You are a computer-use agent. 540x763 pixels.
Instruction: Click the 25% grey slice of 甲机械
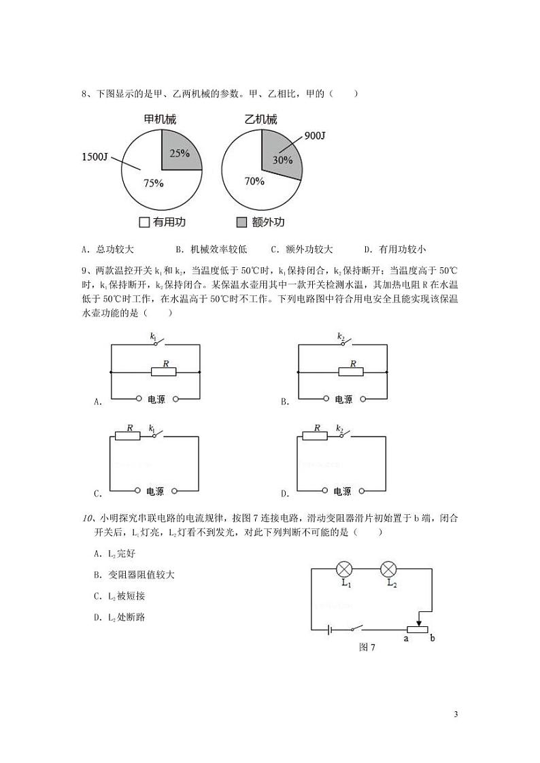(180, 151)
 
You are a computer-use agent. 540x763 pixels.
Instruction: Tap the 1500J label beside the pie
(95, 157)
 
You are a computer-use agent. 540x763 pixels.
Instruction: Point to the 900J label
(315, 135)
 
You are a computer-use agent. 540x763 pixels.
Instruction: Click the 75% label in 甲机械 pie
(153, 182)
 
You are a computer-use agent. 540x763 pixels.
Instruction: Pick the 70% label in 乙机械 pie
(254, 182)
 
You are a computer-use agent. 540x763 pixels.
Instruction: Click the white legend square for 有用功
(144, 222)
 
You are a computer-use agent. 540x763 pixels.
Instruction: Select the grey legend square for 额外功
(241, 222)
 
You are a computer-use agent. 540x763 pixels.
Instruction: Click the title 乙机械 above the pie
(261, 120)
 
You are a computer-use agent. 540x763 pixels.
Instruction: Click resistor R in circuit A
(163, 371)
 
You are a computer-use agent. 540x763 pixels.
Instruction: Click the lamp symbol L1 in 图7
(345, 568)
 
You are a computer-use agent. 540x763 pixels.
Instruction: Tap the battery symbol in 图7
(330, 630)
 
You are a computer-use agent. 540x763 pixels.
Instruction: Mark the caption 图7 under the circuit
(367, 647)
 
